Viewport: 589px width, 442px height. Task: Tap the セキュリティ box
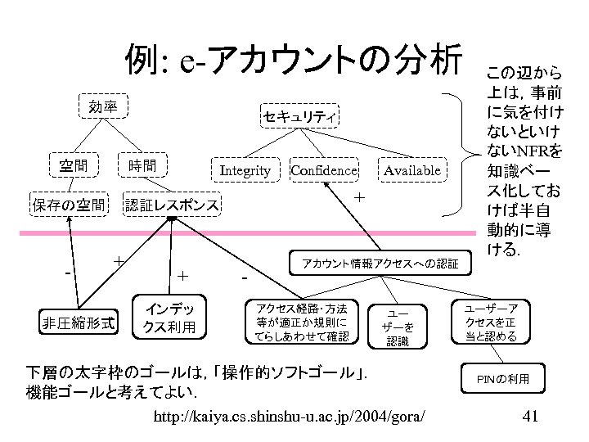click(299, 118)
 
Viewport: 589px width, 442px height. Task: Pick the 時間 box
click(142, 165)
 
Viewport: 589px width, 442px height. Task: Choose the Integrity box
click(245, 170)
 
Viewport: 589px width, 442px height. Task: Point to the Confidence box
click(324, 170)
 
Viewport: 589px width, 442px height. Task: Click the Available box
click(411, 170)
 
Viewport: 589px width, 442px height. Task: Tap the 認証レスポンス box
click(172, 205)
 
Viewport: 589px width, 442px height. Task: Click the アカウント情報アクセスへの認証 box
click(381, 263)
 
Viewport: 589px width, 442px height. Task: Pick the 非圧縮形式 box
click(79, 322)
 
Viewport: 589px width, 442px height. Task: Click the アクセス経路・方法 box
click(301, 322)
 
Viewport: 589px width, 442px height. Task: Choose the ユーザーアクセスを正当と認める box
click(490, 322)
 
